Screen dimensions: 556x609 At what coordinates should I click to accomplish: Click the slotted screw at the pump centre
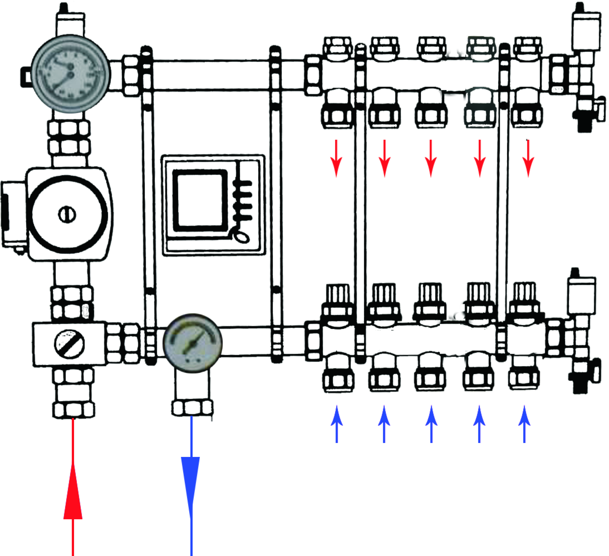tap(67, 215)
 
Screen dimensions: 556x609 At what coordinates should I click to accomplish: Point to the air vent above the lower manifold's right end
tap(581, 293)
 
